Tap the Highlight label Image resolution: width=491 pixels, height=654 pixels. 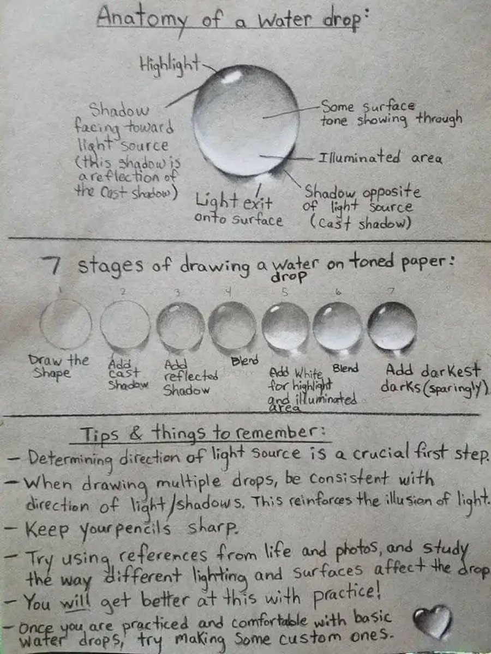tap(169, 65)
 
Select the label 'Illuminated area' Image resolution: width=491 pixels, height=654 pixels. tap(380, 159)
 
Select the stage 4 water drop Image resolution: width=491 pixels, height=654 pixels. tap(232, 326)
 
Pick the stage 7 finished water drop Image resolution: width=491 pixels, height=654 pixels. tap(392, 326)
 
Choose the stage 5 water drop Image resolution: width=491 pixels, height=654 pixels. tap(285, 326)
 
